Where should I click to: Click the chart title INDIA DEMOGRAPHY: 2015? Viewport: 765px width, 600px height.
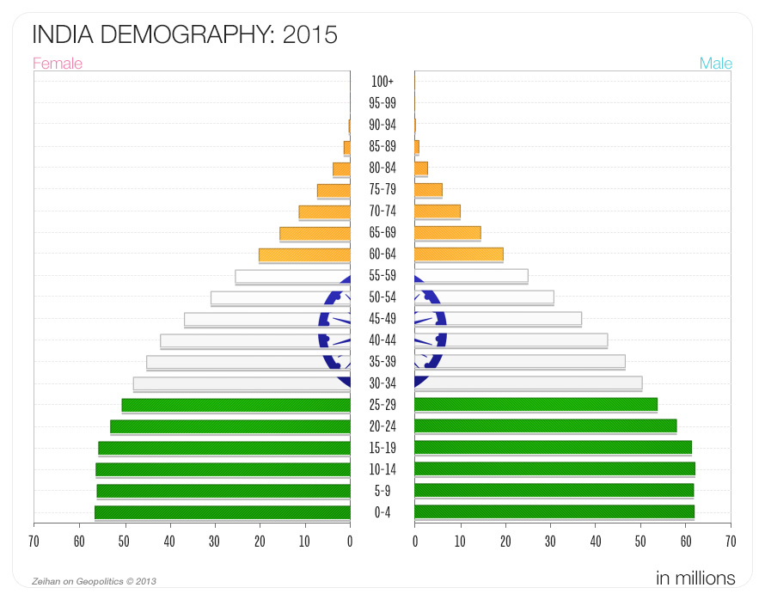pos(184,35)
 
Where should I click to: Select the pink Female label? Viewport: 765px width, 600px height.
pos(58,64)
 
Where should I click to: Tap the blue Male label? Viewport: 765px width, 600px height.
pos(715,64)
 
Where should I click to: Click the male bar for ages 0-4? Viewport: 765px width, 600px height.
pos(554,512)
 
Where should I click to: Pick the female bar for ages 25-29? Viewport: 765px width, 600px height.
pos(236,405)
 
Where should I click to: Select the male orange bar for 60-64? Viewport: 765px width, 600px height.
pos(458,254)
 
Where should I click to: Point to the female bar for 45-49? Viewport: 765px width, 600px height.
pos(267,320)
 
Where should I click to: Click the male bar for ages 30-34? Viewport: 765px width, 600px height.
pos(528,383)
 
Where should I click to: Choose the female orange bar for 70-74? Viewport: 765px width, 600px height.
pos(325,212)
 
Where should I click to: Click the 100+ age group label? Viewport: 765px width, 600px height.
pos(382,82)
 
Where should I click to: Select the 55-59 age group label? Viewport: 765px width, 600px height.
pos(382,276)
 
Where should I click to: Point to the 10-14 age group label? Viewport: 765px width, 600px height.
pos(382,469)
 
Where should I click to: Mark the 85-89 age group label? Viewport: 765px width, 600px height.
pos(382,146)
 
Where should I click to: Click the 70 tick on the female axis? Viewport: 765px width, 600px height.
pos(34,542)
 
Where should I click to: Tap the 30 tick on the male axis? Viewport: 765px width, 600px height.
pos(550,542)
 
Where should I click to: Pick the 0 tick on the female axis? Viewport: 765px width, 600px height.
pos(350,542)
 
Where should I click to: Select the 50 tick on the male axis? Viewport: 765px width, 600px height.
pos(640,542)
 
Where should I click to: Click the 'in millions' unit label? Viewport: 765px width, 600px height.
pos(695,578)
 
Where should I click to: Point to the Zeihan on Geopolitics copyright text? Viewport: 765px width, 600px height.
pos(94,581)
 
